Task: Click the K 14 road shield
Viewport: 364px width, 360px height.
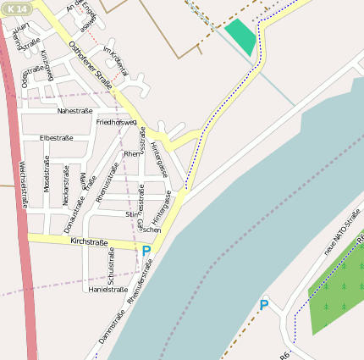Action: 17,8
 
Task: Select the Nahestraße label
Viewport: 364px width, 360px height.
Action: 74,111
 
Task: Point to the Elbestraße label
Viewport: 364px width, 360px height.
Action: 57,137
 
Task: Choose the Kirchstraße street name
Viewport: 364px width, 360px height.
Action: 90,242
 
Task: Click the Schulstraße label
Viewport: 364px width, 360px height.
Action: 110,267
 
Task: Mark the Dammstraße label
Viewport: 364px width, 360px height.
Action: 111,325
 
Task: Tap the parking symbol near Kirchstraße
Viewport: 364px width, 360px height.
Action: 146,252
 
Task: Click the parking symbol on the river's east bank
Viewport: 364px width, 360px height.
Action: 264,305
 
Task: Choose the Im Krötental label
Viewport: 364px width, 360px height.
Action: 114,61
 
